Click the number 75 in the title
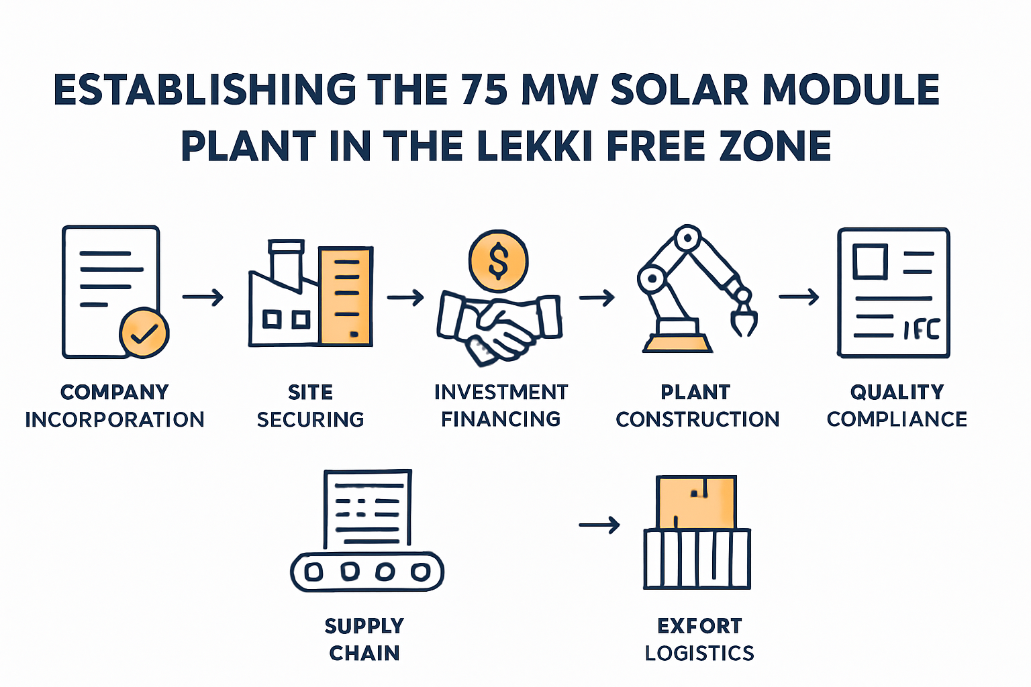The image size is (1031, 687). pos(484,90)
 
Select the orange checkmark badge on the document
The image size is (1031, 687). pos(144,333)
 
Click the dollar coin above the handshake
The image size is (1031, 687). pos(499,261)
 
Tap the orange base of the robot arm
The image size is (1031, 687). pos(677,343)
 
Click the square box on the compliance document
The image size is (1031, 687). pos(870,262)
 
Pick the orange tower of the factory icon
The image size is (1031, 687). pos(346,297)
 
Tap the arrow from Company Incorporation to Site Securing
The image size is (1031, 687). pos(203,297)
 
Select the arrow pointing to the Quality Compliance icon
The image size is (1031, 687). pos(799,297)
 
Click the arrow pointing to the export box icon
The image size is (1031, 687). pos(599,525)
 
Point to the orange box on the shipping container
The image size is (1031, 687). pos(696,503)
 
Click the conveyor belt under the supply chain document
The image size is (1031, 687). pos(367,572)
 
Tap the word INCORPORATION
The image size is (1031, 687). pos(115,420)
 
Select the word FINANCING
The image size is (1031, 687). pos(501,419)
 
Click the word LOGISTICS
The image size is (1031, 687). pos(699,653)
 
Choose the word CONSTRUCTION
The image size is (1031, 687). pos(698,419)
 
